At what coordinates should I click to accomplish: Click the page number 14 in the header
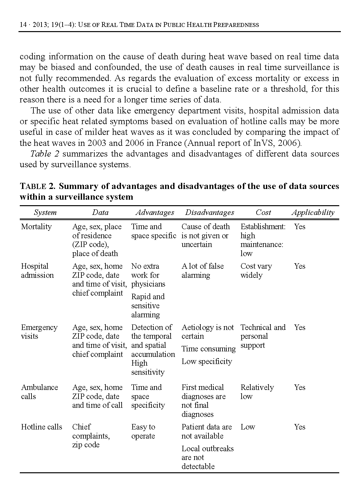(23, 25)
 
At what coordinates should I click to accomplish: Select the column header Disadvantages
(210, 213)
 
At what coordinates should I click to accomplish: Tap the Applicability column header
(313, 213)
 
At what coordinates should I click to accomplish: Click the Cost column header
(263, 213)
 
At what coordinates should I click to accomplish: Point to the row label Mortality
(36, 227)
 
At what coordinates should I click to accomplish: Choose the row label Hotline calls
(42, 427)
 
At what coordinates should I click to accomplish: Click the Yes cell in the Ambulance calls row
(299, 388)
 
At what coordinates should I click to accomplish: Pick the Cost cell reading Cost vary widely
(256, 271)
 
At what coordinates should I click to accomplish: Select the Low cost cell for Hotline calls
(248, 427)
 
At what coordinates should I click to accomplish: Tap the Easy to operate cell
(143, 431)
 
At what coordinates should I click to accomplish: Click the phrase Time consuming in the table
(209, 349)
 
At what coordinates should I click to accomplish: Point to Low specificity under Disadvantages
(207, 362)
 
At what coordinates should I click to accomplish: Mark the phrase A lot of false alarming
(202, 271)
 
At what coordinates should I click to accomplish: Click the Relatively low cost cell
(257, 392)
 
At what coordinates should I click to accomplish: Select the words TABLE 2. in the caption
(38, 187)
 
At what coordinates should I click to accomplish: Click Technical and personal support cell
(263, 336)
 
